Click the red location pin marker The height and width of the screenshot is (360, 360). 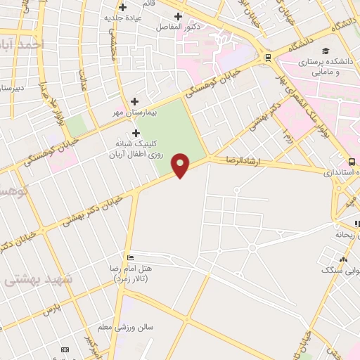181,165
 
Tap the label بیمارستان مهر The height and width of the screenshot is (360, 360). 134,112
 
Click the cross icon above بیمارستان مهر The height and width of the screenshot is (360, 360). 134,101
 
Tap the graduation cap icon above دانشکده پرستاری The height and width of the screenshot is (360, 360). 326,51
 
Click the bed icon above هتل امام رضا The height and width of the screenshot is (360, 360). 129,257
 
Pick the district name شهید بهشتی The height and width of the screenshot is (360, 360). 39,279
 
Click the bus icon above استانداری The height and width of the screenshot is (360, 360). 352,161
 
